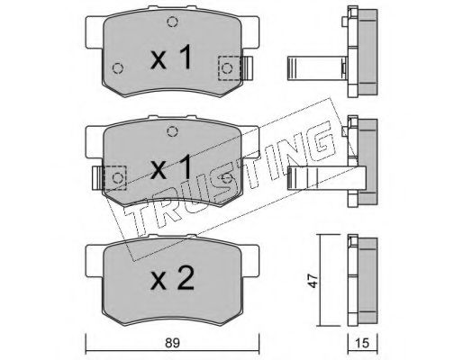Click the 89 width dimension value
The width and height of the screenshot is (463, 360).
point(172,343)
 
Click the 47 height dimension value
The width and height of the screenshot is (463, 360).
point(313,280)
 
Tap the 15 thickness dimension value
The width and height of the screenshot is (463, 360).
point(362,343)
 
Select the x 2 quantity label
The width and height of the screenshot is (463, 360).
point(172,278)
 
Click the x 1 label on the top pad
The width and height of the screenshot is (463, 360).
point(171,57)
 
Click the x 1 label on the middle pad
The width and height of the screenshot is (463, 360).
point(171,167)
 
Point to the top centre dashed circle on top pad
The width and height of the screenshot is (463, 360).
point(172,22)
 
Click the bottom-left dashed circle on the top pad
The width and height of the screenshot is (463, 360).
point(118,68)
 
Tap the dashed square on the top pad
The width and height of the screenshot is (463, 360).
point(230,68)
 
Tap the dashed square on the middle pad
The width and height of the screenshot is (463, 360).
point(114,178)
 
